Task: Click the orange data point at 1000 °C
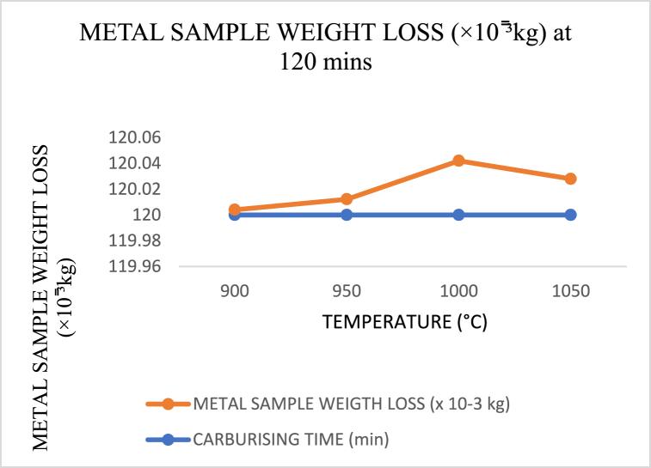tap(458, 161)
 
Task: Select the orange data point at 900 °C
tap(235, 210)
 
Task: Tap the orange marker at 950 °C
tap(347, 199)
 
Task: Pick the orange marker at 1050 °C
tap(570, 179)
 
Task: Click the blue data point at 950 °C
tap(347, 215)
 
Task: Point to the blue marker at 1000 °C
tap(458, 215)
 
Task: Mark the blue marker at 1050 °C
tap(570, 215)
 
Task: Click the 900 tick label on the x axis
tap(235, 291)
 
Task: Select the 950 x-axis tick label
tap(347, 291)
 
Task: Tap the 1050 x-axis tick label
tap(570, 291)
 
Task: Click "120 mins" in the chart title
tap(325, 64)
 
